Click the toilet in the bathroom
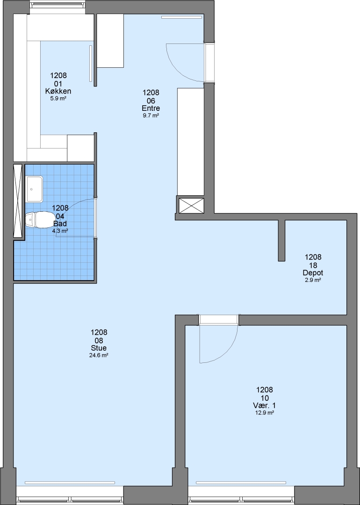[40, 220]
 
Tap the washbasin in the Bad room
[34, 189]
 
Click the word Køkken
[58, 91]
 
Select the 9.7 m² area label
[151, 115]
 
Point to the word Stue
[99, 348]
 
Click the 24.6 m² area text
[99, 355]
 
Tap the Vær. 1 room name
[264, 405]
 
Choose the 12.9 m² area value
[264, 413]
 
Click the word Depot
[313, 273]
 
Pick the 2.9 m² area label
[313, 280]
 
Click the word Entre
[151, 108]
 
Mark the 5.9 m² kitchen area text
[58, 99]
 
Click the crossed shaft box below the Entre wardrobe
[191, 205]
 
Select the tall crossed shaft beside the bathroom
[18, 201]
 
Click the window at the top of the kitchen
[58, 5]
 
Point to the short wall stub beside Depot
[281, 240]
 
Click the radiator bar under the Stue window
[70, 483]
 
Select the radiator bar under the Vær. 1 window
[241, 483]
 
